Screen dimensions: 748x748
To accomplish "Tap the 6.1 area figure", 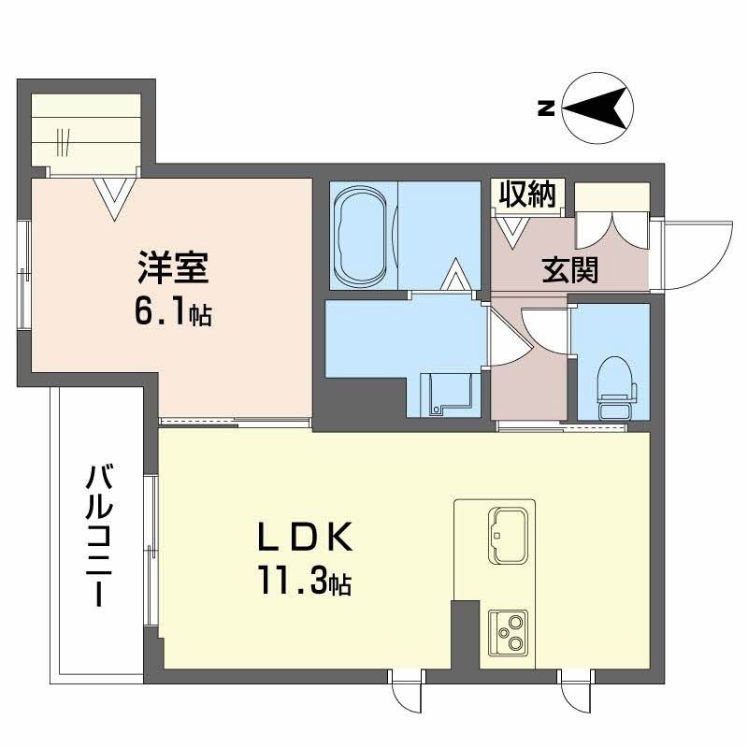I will (x=164, y=312).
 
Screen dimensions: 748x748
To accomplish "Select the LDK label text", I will (x=305, y=539).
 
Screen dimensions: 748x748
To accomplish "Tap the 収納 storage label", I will (x=526, y=194).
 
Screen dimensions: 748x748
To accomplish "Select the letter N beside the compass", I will (x=545, y=108).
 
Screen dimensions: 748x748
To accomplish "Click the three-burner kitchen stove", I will (x=508, y=635).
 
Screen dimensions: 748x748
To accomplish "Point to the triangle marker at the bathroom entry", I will (x=456, y=276).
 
